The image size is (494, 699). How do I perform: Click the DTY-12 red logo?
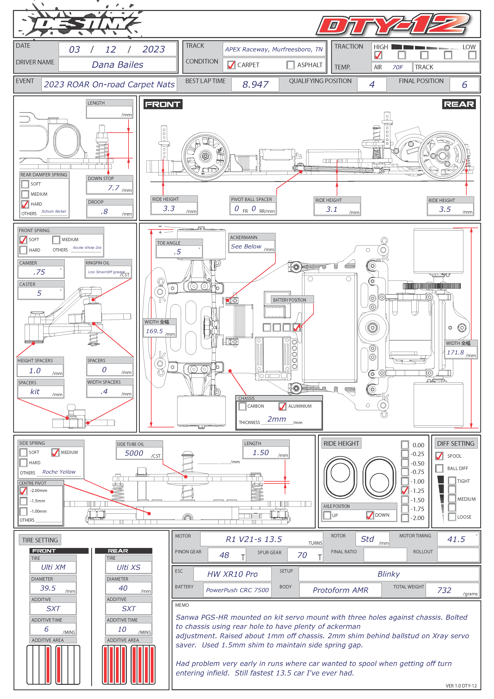[393, 24]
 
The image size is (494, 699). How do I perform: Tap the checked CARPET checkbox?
[231, 65]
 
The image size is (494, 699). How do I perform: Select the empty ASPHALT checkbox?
[291, 65]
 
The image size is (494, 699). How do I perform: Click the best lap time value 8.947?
[255, 84]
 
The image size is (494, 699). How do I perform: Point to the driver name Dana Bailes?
[117, 65]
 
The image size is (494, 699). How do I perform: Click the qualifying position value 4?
[372, 84]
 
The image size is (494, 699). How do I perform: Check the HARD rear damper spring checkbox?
[25, 204]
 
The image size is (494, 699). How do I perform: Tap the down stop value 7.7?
[113, 188]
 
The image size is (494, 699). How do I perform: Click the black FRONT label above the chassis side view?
[163, 104]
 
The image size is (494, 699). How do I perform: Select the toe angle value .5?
[177, 252]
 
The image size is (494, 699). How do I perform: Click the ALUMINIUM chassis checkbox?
[282, 406]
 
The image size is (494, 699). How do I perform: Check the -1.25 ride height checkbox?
[405, 490]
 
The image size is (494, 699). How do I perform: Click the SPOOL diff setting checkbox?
[439, 456]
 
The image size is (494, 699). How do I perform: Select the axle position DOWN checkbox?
[370, 515]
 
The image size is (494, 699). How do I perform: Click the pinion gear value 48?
[224, 555]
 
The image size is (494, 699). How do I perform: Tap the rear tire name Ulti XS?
[128, 567]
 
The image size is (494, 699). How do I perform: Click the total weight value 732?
[444, 590]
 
